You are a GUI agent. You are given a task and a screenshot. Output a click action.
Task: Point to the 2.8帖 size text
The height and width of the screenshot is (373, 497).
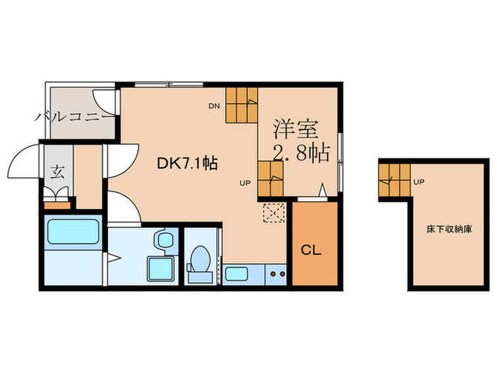point(301,153)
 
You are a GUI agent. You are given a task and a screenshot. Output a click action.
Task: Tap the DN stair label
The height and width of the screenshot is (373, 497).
point(214,107)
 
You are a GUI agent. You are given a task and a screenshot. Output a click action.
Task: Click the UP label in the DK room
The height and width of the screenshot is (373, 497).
point(244,183)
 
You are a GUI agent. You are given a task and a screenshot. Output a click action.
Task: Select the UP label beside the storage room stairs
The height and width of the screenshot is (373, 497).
point(419,182)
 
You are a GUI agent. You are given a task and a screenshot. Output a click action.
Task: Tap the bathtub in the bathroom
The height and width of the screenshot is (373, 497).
point(72,232)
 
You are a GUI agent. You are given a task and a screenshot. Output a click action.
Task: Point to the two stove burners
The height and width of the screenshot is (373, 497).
point(276,274)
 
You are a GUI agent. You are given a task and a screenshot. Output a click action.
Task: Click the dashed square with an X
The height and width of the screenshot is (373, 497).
point(273,212)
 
